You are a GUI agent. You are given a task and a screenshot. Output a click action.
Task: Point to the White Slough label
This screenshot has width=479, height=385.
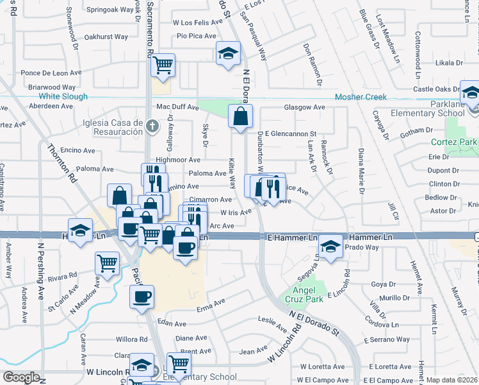[x=62, y=97]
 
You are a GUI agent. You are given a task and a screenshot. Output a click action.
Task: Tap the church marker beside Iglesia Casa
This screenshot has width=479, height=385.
[x=151, y=126]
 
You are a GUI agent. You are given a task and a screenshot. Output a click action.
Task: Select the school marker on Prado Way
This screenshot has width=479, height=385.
[x=330, y=246]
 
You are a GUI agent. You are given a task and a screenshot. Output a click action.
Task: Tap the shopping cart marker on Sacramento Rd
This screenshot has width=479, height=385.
[x=163, y=64]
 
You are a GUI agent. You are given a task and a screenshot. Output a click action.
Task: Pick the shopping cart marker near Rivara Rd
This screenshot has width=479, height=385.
[x=107, y=262]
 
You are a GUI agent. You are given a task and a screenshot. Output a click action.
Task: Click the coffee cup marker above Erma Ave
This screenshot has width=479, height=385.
[x=142, y=296]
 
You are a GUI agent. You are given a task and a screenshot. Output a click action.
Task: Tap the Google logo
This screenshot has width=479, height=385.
[x=20, y=377]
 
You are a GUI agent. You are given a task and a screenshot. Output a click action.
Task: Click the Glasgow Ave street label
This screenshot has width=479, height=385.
[x=305, y=107]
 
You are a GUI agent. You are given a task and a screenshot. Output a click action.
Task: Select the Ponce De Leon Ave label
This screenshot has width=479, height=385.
[x=51, y=73]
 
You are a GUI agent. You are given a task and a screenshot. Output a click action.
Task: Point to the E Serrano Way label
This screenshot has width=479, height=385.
[x=386, y=339]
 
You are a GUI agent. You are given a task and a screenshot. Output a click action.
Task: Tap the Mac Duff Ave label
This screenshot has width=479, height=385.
[x=174, y=107]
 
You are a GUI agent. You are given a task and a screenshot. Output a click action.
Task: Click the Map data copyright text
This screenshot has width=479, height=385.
[x=451, y=379]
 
